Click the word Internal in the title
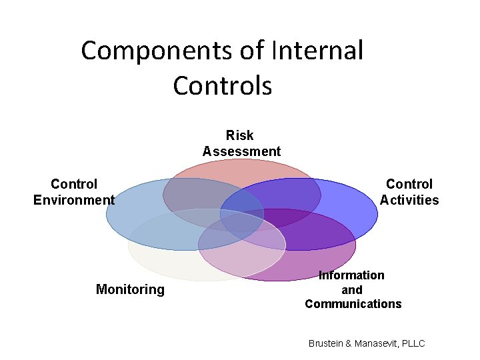pyautogui.click(x=317, y=51)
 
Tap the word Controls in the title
pyautogui.click(x=222, y=85)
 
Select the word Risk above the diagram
pyautogui.click(x=240, y=135)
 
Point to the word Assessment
pyautogui.click(x=241, y=151)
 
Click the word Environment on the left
pyautogui.click(x=74, y=200)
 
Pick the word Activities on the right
pyautogui.click(x=409, y=200)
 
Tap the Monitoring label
pyautogui.click(x=130, y=289)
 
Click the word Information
pyautogui.click(x=351, y=275)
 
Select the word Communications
pyautogui.click(x=353, y=304)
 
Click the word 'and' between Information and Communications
pyautogui.click(x=351, y=290)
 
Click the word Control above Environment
pyautogui.click(x=74, y=184)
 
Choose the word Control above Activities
pyautogui.click(x=409, y=184)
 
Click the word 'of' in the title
pyautogui.click(x=253, y=51)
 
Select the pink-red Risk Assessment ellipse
pyautogui.click(x=241, y=169)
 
